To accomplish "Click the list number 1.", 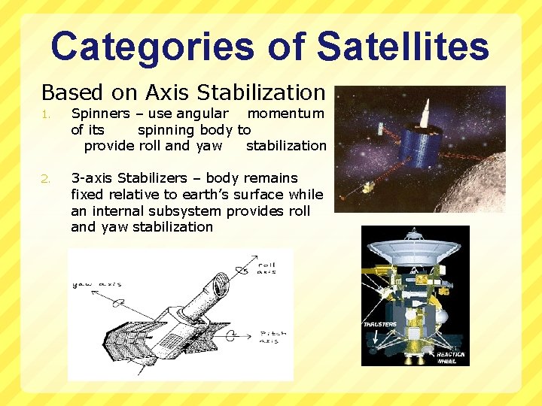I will (x=46, y=115).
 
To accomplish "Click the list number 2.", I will (x=47, y=179).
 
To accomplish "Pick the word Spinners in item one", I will (x=100, y=114).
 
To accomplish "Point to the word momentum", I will (x=286, y=114).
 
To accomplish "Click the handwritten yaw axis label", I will (x=96, y=284).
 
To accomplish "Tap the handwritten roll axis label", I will (x=266, y=268).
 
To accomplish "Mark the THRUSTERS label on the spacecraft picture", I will (x=380, y=325).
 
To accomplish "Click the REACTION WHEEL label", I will (x=450, y=357).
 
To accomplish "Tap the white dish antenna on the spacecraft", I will (x=415, y=249).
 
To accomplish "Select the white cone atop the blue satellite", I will (x=423, y=113).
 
